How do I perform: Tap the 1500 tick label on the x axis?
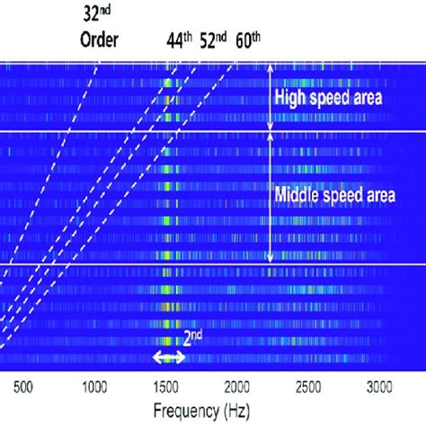pos(166,387)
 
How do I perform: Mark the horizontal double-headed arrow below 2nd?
pos(168,357)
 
